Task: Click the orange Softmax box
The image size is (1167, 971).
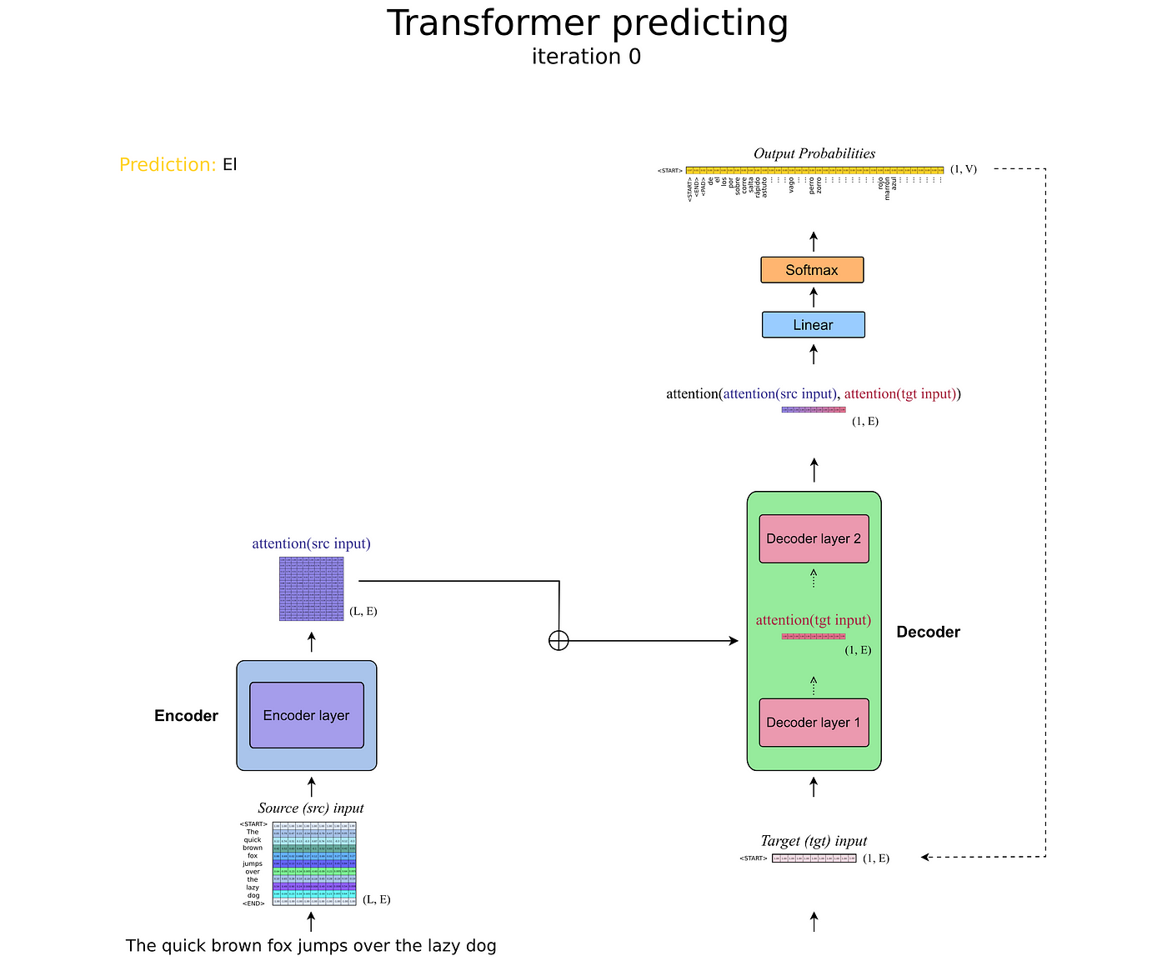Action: [x=812, y=270]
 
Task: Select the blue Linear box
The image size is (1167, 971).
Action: [x=813, y=325]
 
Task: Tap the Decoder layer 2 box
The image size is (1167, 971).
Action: [x=814, y=538]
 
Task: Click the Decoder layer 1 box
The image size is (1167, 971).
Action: [x=814, y=723]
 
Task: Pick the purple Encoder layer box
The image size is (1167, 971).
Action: [x=306, y=715]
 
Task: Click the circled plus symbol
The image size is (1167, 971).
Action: [x=558, y=640]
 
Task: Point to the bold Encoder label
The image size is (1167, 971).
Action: [x=186, y=716]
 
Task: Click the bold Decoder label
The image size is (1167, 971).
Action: [x=928, y=632]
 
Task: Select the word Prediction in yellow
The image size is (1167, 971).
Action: [x=168, y=165]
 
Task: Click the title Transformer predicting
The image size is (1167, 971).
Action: [x=587, y=23]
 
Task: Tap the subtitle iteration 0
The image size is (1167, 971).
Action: [x=586, y=57]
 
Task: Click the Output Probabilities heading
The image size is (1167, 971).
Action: [x=814, y=153]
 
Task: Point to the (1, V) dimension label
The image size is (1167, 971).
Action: [x=963, y=169]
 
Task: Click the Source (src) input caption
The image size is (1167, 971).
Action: [x=311, y=808]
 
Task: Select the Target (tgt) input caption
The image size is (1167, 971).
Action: [x=814, y=841]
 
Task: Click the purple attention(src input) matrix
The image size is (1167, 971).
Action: [x=311, y=588]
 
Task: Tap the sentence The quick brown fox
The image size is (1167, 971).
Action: [x=311, y=946]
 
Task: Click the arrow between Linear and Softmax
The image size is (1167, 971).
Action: [x=814, y=298]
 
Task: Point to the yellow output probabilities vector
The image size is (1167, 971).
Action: [x=814, y=170]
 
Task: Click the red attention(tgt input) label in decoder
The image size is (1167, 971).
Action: [x=813, y=620]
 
